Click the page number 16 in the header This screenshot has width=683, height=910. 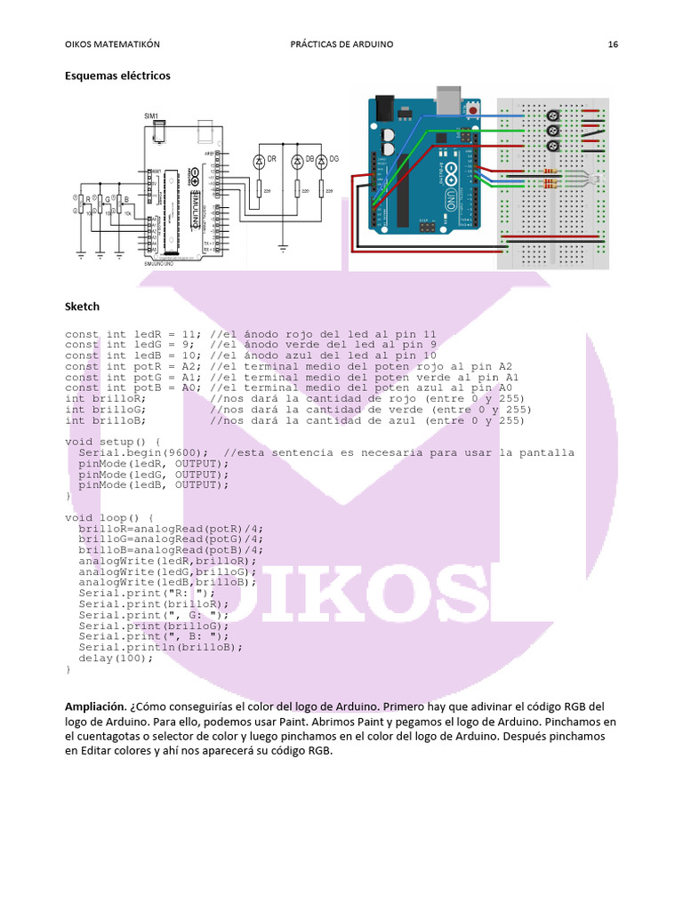point(613,44)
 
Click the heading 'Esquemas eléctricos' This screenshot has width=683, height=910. point(117,76)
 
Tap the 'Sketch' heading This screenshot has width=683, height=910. point(82,307)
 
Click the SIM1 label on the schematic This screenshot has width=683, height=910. point(151,116)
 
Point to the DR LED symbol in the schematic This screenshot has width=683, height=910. point(260,160)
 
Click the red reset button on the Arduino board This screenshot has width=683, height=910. point(473,110)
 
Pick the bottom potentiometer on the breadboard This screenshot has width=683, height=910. point(553,145)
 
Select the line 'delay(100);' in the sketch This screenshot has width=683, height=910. point(108,658)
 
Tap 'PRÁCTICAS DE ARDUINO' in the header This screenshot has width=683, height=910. point(341,44)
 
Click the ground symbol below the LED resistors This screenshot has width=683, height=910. point(284,247)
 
